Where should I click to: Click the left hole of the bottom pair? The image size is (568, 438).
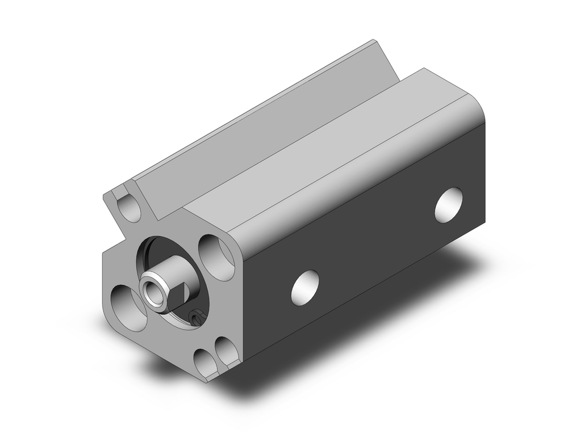203,359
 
